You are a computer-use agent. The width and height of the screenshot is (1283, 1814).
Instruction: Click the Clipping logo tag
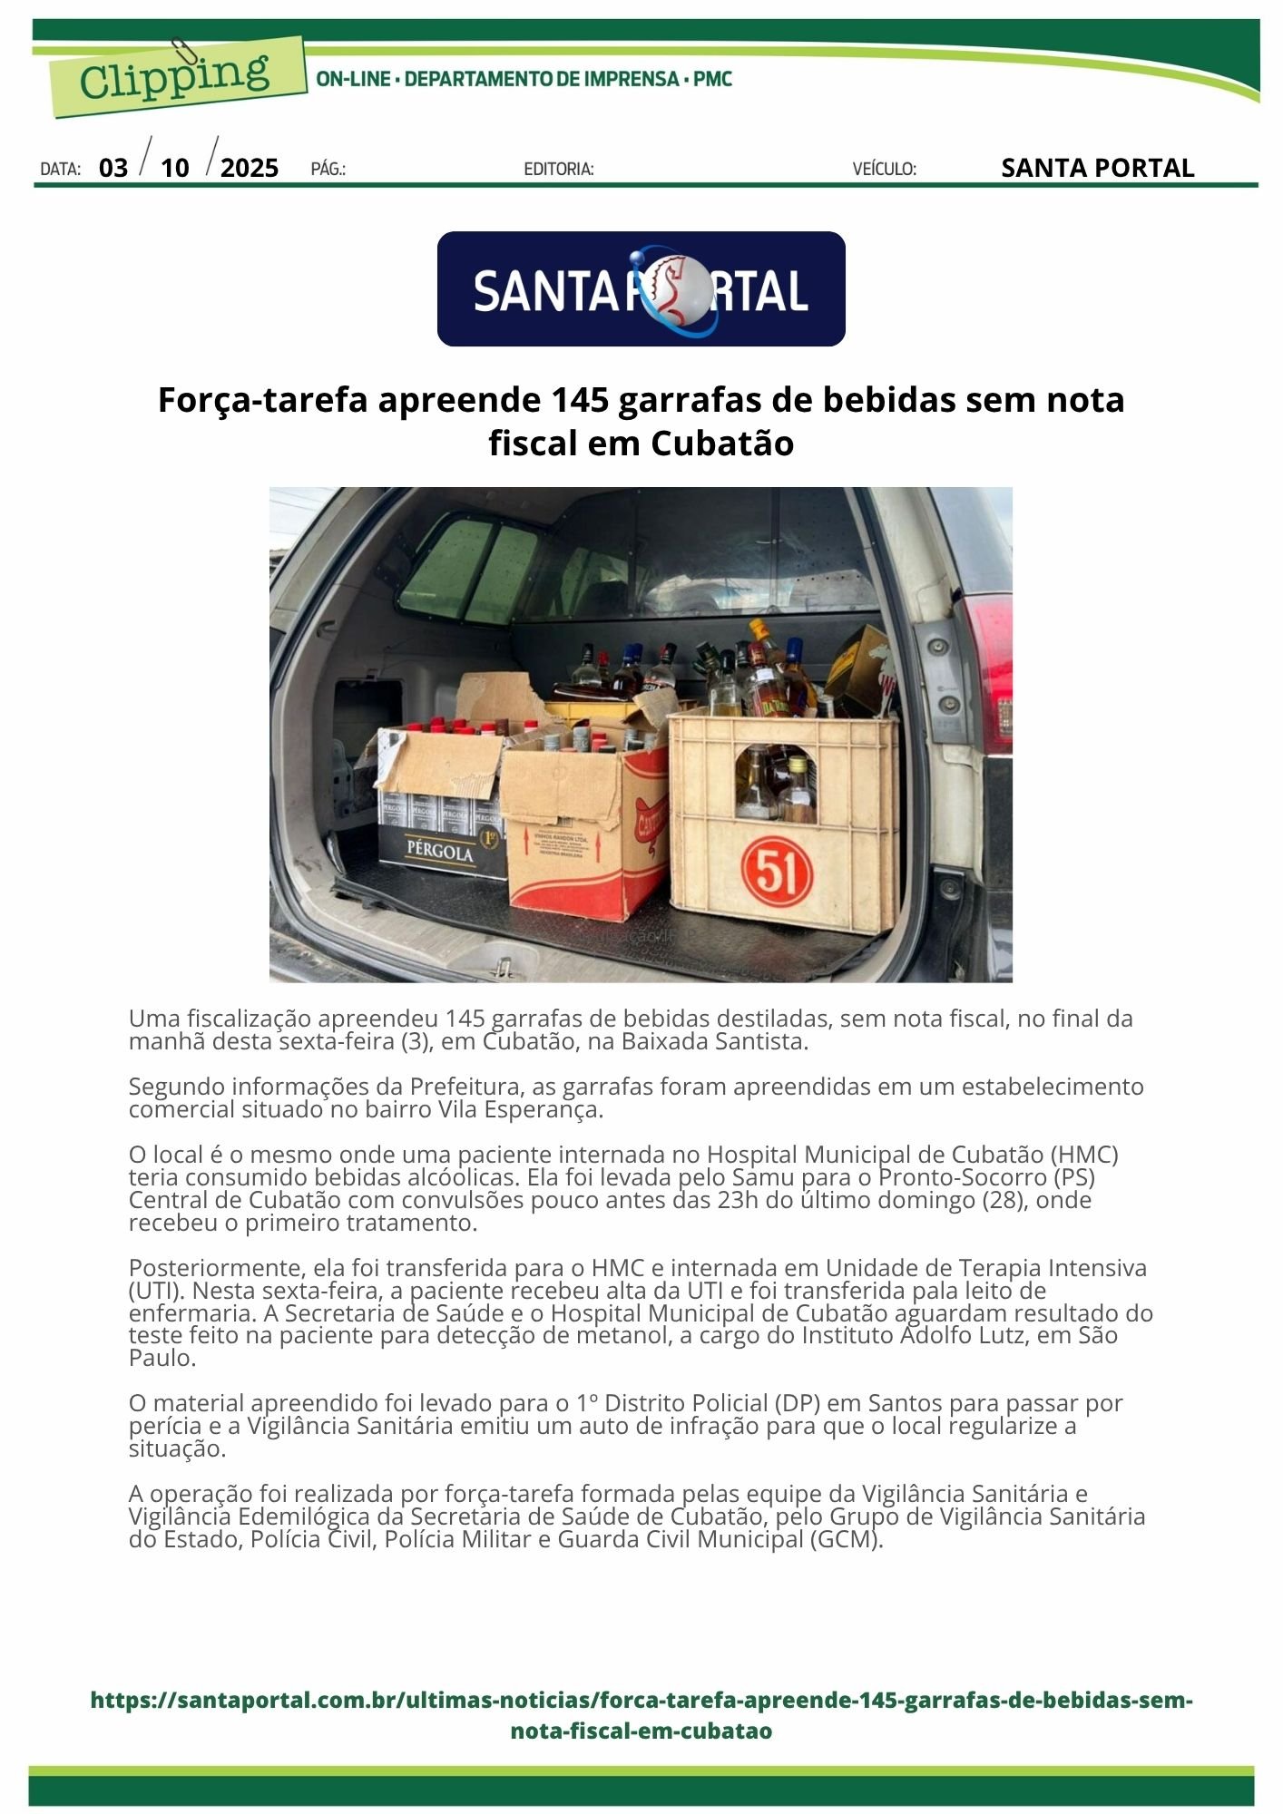tap(174, 76)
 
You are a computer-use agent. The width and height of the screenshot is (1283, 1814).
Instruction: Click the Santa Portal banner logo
tap(641, 289)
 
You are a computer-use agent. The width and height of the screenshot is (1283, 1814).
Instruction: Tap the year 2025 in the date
tap(250, 168)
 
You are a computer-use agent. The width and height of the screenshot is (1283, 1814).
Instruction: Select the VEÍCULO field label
tap(884, 169)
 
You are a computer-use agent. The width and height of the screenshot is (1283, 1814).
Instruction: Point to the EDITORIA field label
tap(559, 169)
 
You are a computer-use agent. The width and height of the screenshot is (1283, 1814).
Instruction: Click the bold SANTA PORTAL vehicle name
tap(1097, 168)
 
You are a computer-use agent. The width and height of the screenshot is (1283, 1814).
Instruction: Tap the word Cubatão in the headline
tap(722, 444)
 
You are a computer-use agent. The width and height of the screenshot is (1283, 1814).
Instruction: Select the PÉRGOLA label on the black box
tap(441, 853)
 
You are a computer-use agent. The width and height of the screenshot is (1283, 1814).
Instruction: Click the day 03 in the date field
tap(113, 168)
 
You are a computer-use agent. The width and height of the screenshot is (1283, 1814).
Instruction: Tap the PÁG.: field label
tap(328, 169)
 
